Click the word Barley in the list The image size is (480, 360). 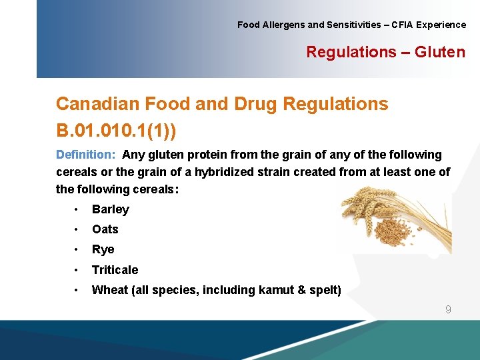(x=111, y=209)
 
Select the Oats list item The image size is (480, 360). (x=105, y=229)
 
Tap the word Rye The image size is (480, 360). (x=103, y=249)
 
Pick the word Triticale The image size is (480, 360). (x=115, y=270)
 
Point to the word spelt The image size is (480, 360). (x=325, y=290)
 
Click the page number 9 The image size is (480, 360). (x=448, y=309)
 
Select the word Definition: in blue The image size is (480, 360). (x=86, y=155)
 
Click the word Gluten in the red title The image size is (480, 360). (x=440, y=52)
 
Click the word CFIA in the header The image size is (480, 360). (x=402, y=25)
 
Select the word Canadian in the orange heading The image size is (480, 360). (x=97, y=104)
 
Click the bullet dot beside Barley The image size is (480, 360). (x=77, y=209)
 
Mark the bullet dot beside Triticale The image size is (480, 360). (x=77, y=270)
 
